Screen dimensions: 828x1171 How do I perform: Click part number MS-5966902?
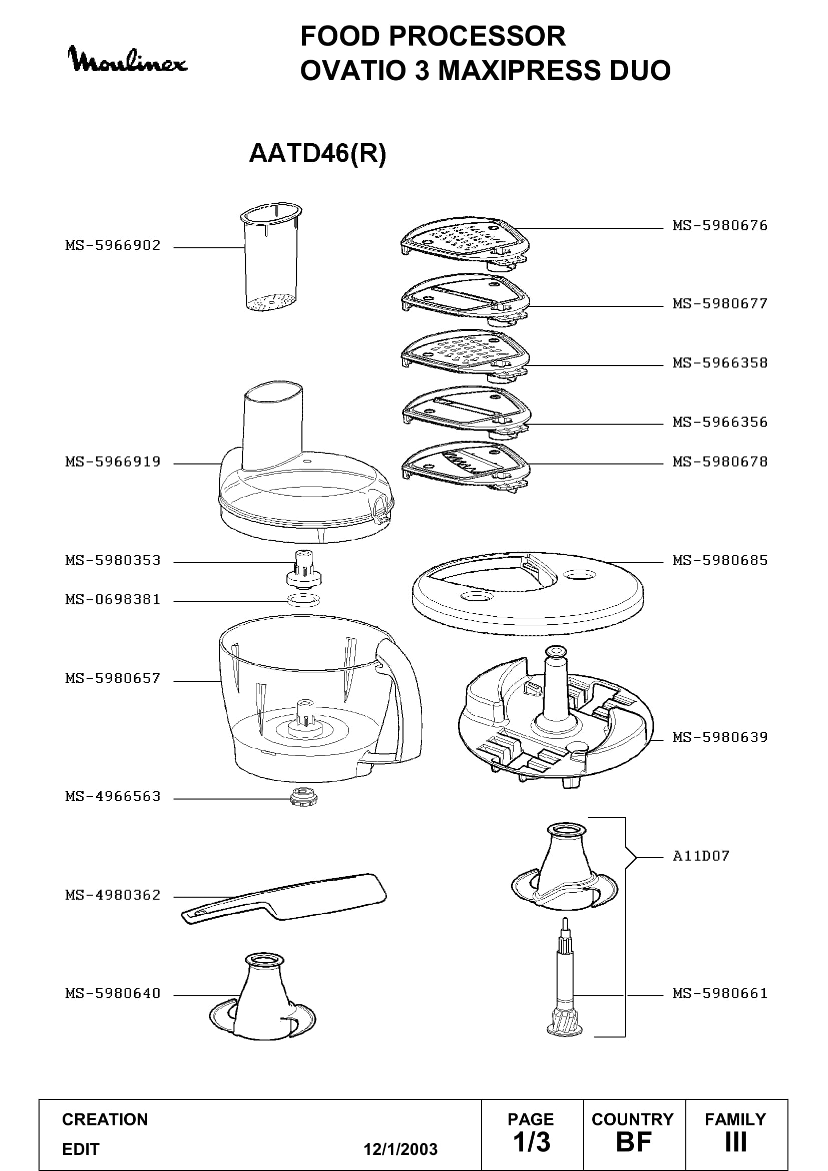click(113, 245)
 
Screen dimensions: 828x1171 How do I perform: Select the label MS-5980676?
click(720, 226)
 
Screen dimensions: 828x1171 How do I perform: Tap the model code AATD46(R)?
click(317, 153)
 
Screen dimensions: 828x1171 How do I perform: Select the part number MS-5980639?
click(720, 737)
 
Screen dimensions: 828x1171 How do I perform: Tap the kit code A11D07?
click(701, 856)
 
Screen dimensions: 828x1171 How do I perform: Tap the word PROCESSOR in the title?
click(479, 36)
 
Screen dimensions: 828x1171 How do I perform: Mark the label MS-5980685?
click(720, 561)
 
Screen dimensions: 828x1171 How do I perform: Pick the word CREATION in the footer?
click(105, 1119)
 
